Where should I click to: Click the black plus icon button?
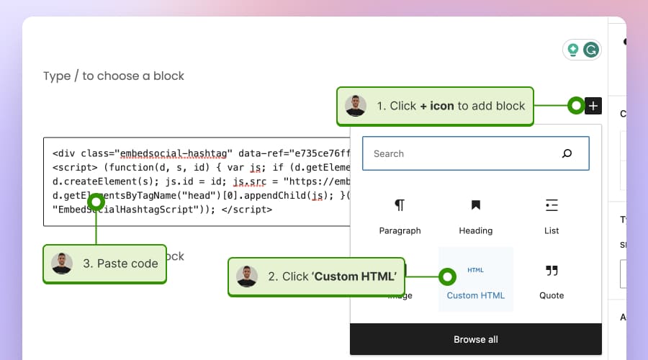pyautogui.click(x=593, y=106)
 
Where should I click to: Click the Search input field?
pyautogui.click(x=461, y=153)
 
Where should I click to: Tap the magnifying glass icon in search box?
pyautogui.click(x=567, y=153)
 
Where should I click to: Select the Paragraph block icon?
pyautogui.click(x=400, y=206)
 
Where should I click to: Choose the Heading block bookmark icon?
pyautogui.click(x=475, y=206)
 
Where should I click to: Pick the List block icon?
pyautogui.click(x=552, y=206)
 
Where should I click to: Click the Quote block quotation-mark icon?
pyautogui.click(x=552, y=271)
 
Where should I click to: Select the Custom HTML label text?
pyautogui.click(x=475, y=295)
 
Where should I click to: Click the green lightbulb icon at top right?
pyautogui.click(x=573, y=50)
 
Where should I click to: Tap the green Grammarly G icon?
pyautogui.click(x=591, y=50)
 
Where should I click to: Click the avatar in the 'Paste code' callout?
pyautogui.click(x=62, y=264)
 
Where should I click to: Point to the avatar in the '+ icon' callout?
pyautogui.click(x=356, y=106)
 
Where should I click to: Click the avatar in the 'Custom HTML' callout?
pyautogui.click(x=247, y=276)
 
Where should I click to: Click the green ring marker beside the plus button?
pyautogui.click(x=576, y=106)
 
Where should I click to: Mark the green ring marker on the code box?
pyautogui.click(x=96, y=202)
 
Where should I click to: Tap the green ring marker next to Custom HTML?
pyautogui.click(x=447, y=276)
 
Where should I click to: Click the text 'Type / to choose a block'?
pyautogui.click(x=114, y=76)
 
